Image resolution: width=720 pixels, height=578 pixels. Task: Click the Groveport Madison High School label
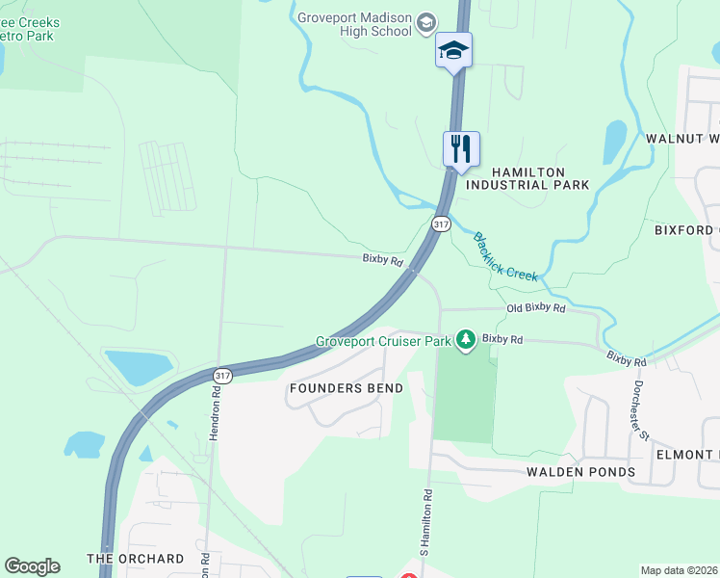click(x=355, y=24)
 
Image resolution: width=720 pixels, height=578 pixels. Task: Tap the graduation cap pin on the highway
click(x=453, y=50)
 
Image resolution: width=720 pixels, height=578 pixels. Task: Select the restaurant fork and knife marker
click(x=461, y=148)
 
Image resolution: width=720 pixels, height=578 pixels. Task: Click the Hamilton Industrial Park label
click(x=528, y=177)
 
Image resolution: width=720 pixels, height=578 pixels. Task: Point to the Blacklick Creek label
click(x=504, y=256)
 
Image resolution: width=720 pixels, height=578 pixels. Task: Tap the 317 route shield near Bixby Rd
click(x=441, y=223)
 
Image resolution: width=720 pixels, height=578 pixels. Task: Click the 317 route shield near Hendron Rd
click(x=222, y=375)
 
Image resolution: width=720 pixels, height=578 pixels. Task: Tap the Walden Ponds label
click(x=580, y=472)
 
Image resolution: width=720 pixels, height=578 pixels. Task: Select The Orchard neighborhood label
click(x=135, y=559)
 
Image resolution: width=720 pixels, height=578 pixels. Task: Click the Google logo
click(x=32, y=566)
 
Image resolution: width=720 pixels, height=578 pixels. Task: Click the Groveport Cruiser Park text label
click(x=384, y=341)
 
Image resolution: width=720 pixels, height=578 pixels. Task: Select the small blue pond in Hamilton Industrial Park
click(x=614, y=142)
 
